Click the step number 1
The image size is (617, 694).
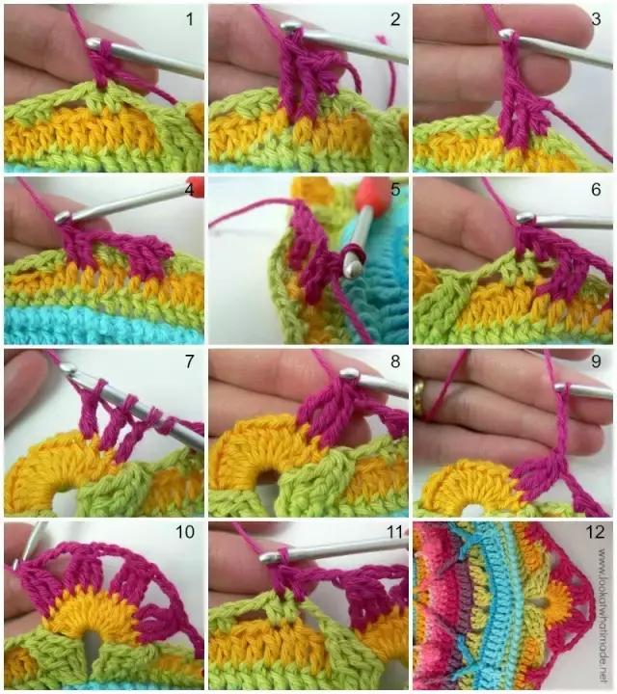[189, 19]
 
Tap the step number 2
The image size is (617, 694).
[395, 19]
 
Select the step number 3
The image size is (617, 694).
[596, 19]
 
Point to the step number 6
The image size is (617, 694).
[596, 190]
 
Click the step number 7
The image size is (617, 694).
[189, 361]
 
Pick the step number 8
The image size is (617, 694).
[395, 361]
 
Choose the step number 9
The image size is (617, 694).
[596, 361]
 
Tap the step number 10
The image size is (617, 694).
[185, 531]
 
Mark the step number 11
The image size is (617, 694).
[394, 531]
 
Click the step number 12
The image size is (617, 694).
[595, 531]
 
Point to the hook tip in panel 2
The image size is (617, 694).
[288, 27]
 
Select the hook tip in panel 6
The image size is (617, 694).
[525, 217]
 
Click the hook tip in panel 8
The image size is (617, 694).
[350, 373]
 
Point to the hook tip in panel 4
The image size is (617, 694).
[63, 217]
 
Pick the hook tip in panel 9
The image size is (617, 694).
[561, 387]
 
